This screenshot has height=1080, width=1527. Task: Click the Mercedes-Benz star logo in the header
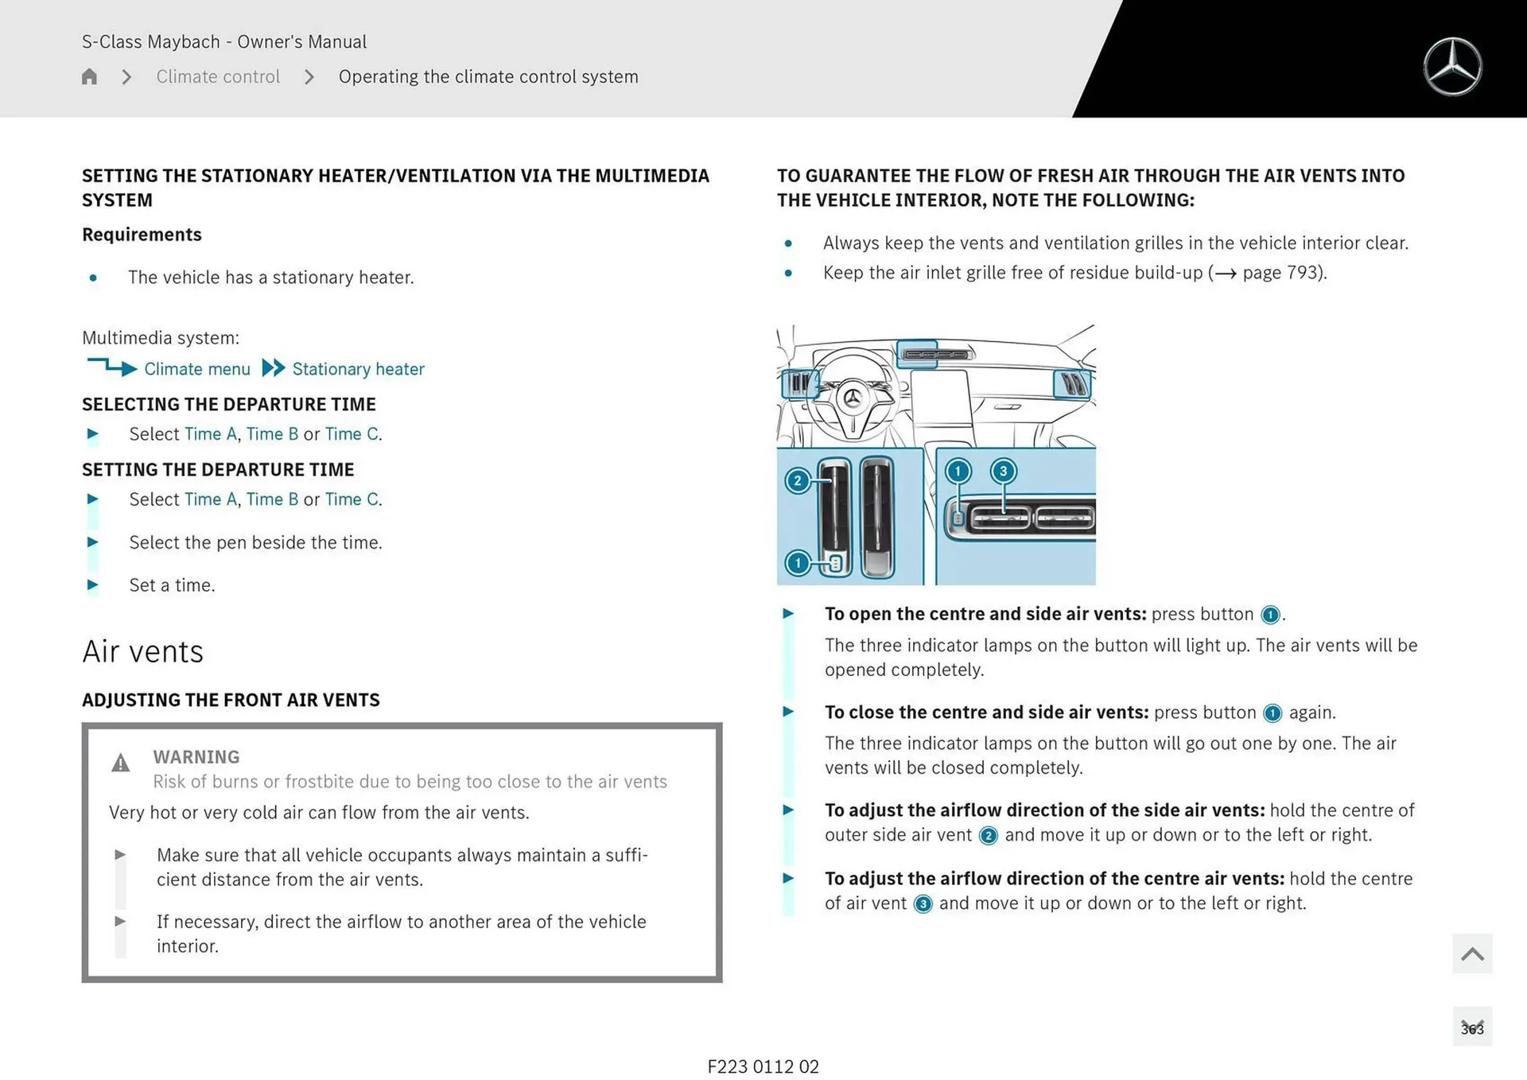coord(1452,67)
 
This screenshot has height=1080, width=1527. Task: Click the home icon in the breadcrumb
coord(89,77)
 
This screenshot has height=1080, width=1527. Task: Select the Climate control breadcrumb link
coord(218,77)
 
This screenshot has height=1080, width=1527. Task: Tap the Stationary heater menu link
coord(358,369)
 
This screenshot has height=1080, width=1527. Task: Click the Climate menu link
coord(196,369)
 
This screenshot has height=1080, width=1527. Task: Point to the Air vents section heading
coord(143,652)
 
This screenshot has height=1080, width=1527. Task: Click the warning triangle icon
coord(120,763)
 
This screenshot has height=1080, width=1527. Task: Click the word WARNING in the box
coord(196,757)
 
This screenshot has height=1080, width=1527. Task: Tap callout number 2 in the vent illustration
coord(798,481)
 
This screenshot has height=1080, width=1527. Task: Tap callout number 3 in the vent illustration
coord(1003,472)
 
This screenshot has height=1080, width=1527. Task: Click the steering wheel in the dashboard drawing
coord(853,396)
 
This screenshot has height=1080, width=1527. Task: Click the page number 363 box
coord(1471,1028)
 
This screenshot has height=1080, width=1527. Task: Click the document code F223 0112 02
coord(763,1066)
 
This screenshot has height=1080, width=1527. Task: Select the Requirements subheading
coord(142,235)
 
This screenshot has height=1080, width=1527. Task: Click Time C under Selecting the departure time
coord(352,434)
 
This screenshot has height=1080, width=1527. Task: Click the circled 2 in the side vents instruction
coord(988,836)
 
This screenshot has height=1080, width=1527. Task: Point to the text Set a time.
coord(172,585)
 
